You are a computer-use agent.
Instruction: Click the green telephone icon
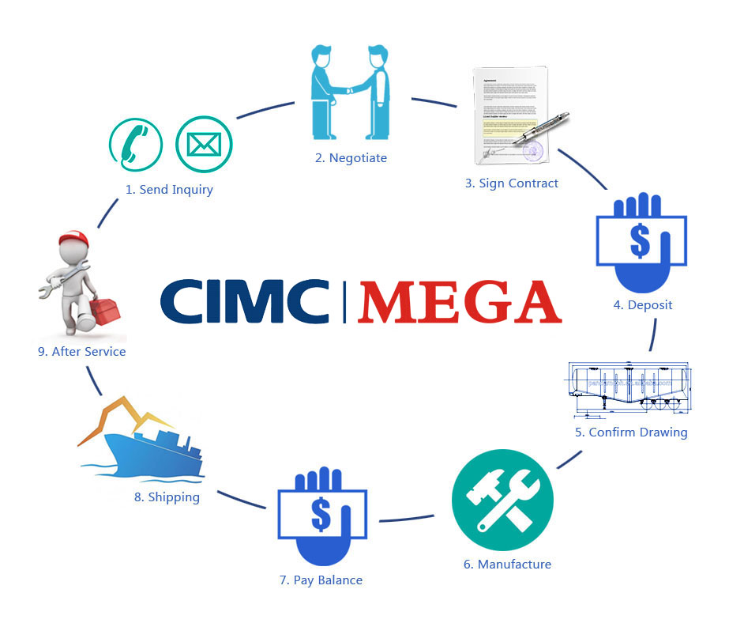[x=135, y=144]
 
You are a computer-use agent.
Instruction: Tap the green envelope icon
[x=202, y=144]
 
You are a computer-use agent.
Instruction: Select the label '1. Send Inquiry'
[x=170, y=190]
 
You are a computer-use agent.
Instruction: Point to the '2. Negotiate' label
[x=351, y=158]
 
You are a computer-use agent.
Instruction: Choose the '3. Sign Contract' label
[x=511, y=183]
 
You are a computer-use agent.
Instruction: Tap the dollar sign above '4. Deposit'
[x=640, y=241]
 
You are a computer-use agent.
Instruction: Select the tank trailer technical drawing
[x=630, y=387]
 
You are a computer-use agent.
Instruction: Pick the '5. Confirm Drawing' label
[x=631, y=432]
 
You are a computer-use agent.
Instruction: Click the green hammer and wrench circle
[x=502, y=501]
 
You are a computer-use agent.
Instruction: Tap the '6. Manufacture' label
[x=507, y=565]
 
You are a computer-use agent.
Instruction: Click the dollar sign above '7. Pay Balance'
[x=321, y=515]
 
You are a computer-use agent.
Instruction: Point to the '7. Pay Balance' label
[x=321, y=580]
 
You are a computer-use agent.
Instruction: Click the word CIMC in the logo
[x=244, y=300]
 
